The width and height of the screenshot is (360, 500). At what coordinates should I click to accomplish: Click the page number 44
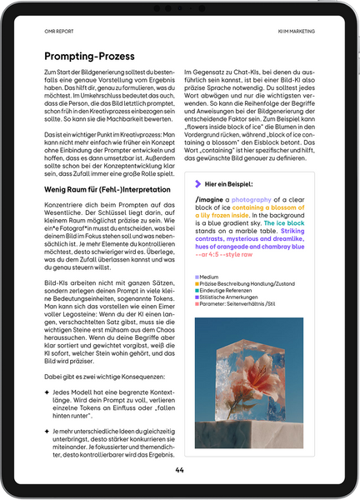point(179,470)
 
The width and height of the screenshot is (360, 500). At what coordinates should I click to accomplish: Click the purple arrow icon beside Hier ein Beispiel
point(198,183)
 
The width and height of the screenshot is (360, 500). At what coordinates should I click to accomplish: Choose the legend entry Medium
point(209,277)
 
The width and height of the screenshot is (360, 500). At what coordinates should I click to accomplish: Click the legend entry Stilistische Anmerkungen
point(229,297)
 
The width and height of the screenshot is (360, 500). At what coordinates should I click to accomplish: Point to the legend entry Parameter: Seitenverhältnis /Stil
point(238,303)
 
